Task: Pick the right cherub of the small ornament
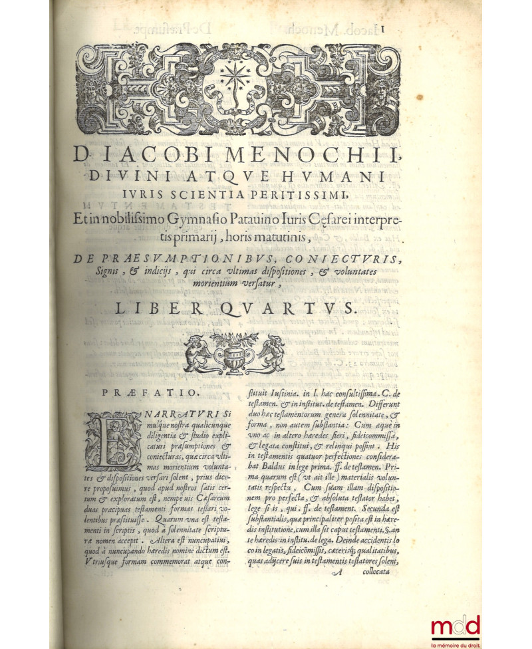pos(271,352)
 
